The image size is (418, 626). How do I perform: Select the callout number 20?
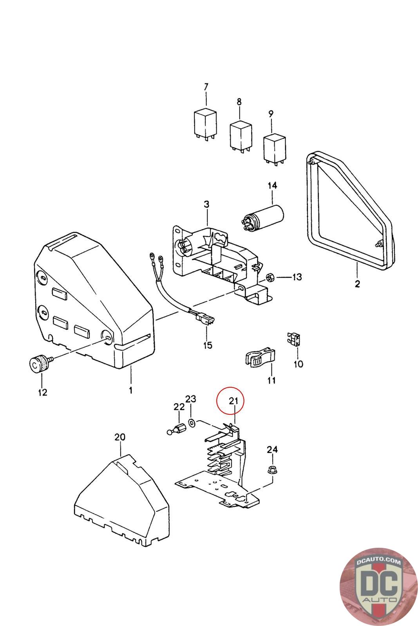(120, 437)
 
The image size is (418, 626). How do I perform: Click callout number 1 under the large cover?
(130, 390)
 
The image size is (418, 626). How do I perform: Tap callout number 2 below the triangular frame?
(357, 284)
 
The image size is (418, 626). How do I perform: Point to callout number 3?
(206, 204)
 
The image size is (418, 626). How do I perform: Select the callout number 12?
(42, 392)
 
